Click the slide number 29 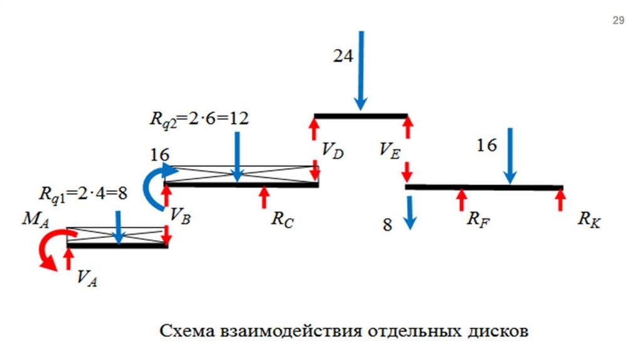tap(618, 21)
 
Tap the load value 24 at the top tap(343, 56)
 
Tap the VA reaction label tap(87, 277)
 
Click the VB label tap(179, 213)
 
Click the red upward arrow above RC tap(264, 196)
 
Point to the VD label tap(333, 151)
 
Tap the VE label tap(389, 150)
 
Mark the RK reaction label tap(589, 220)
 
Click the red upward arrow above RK tap(560, 199)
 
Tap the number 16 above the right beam tap(486, 146)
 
